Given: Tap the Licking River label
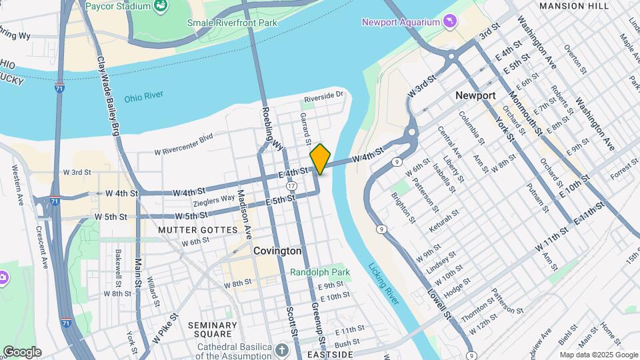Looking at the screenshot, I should click(x=383, y=283).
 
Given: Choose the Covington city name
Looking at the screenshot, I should click(x=277, y=251).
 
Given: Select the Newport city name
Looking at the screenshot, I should click(x=475, y=95).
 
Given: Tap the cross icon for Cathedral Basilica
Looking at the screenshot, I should click(x=282, y=349).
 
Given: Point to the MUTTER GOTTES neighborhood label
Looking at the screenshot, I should click(x=197, y=230).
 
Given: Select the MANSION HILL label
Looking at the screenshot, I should click(x=573, y=6).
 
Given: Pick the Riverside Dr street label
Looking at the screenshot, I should click(x=323, y=97).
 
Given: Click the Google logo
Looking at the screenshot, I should click(x=21, y=352).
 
